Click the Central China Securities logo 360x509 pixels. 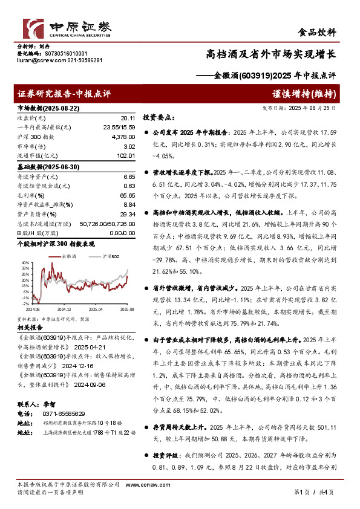coord(67,28)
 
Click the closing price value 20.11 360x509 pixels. coord(127,118)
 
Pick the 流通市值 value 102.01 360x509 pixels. coord(125,156)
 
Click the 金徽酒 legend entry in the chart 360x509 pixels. coord(70,258)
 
